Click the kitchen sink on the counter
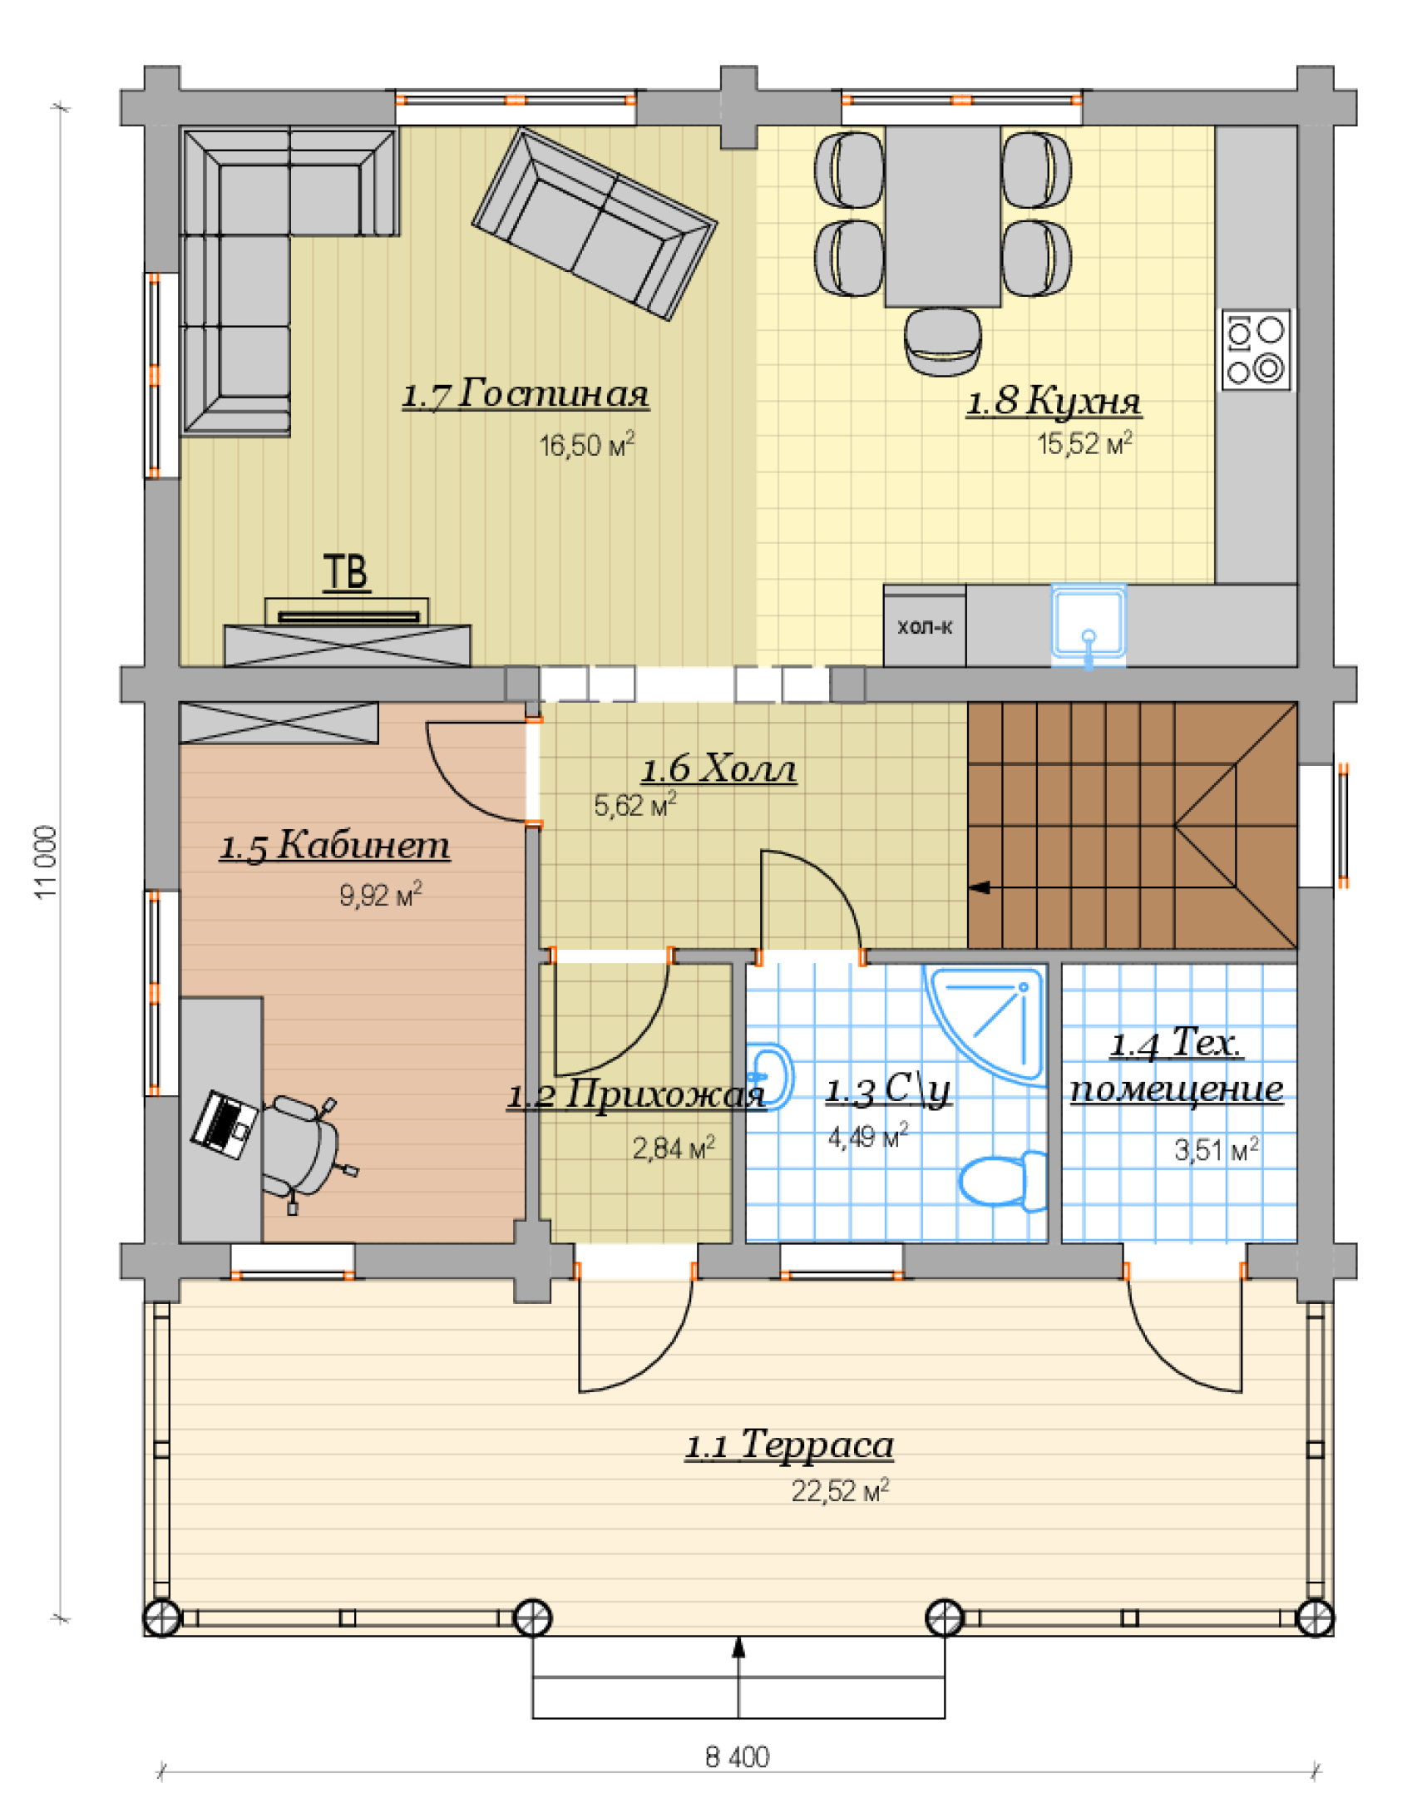point(1089,625)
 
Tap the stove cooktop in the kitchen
point(1256,349)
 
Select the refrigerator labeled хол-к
point(925,626)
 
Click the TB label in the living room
point(346,572)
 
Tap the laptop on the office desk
point(224,1124)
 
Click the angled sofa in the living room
point(595,223)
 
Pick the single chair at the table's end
point(943,341)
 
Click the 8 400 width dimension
point(738,1756)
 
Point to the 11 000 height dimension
point(46,861)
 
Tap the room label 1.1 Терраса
point(789,1445)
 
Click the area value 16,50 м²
point(587,444)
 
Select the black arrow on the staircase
point(980,887)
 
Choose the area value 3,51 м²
point(1217,1149)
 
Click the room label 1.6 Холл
point(718,768)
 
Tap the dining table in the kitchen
point(943,216)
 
